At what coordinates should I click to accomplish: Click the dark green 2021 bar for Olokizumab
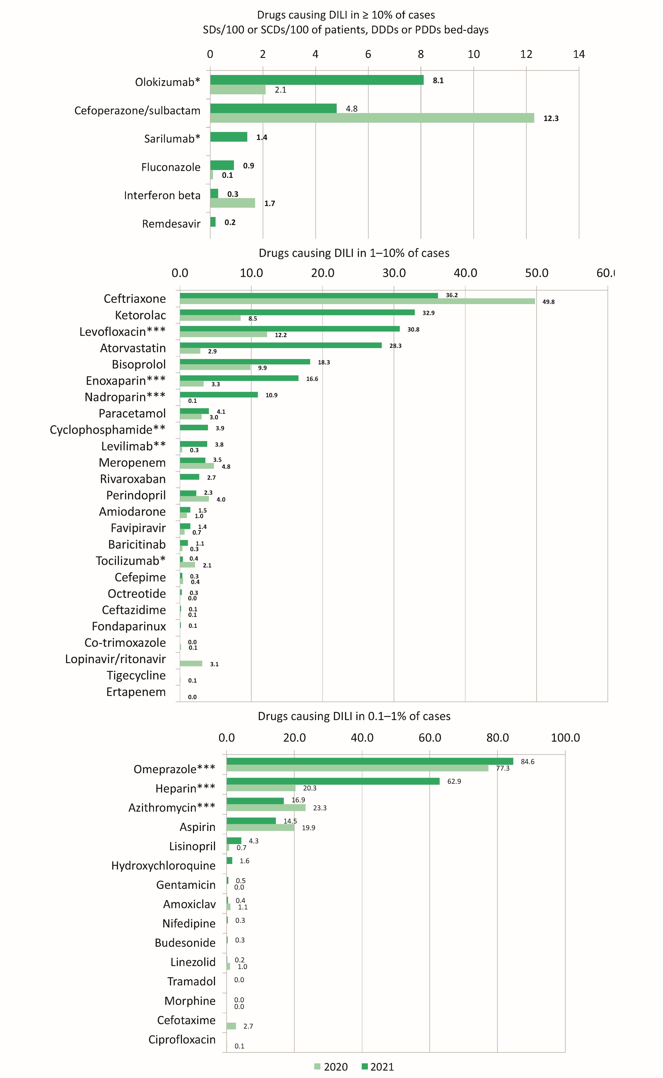coord(317,80)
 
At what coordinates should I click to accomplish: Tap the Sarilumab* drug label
coord(172,139)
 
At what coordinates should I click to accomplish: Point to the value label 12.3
coord(551,118)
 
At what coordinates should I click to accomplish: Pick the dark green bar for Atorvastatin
coord(281,345)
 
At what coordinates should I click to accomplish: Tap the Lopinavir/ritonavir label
coord(115,659)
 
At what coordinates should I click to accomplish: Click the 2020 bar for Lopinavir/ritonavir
coord(191,663)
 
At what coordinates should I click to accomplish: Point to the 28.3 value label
coord(395,346)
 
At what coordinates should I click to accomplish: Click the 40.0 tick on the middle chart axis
coord(465,273)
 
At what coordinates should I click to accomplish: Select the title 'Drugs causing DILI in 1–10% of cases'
coord(354,253)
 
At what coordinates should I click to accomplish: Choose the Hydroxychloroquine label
coord(163,866)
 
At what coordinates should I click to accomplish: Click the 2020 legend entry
coord(331,1067)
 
